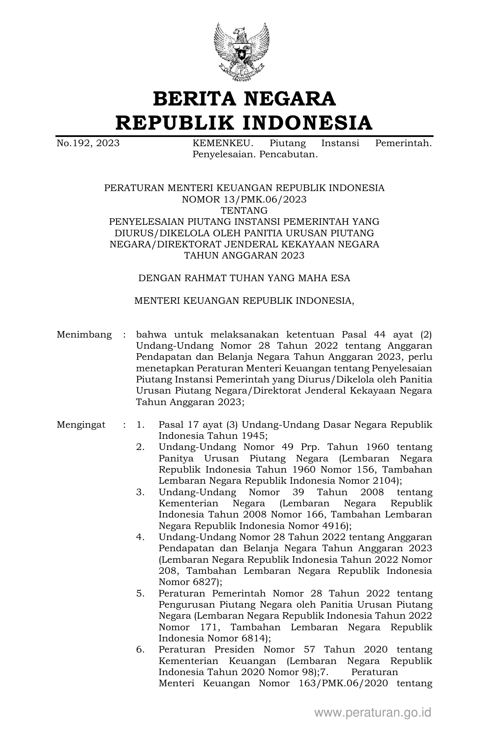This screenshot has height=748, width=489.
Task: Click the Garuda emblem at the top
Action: (x=241, y=52)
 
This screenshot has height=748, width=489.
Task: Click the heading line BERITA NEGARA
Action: (x=244, y=99)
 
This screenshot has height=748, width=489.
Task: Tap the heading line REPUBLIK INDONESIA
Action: (x=244, y=123)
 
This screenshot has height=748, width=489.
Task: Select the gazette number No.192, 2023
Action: (x=88, y=143)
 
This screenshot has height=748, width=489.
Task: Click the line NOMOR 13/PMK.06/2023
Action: (x=244, y=199)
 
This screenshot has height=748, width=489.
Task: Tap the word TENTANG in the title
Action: (x=244, y=210)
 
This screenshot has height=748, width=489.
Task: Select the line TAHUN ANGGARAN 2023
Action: (x=244, y=255)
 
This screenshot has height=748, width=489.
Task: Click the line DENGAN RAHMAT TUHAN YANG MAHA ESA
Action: (x=244, y=278)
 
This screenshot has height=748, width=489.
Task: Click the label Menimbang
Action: (x=84, y=334)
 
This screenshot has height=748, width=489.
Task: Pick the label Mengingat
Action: (x=81, y=425)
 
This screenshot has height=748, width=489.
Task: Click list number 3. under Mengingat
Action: (x=140, y=492)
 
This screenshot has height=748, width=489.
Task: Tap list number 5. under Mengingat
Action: (x=140, y=593)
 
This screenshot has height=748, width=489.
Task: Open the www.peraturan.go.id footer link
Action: (x=373, y=712)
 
